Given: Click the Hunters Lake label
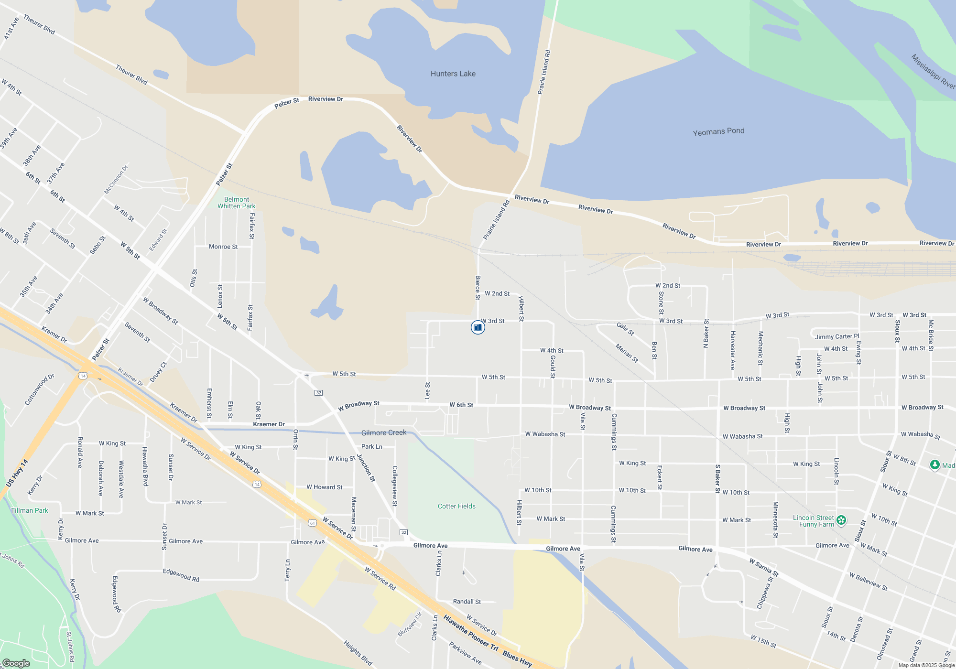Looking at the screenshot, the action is tap(453, 74).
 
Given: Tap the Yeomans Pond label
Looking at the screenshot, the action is tap(718, 131).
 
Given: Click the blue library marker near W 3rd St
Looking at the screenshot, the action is tap(478, 327).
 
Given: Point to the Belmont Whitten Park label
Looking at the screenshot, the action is tap(236, 203).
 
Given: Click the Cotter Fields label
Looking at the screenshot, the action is tap(456, 506).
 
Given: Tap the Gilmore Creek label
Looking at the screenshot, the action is tap(383, 432).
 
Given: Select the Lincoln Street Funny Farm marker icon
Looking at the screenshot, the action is tap(841, 520).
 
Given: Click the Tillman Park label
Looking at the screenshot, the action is tap(30, 510).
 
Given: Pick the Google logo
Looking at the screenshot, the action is tap(16, 663).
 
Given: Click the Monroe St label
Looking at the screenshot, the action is tap(223, 247).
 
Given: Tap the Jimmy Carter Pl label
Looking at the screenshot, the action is tap(837, 336).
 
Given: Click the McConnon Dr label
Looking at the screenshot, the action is tap(116, 180).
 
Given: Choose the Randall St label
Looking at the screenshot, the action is tap(467, 602).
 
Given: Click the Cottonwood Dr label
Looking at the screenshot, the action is tap(40, 389).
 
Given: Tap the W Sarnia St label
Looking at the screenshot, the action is tap(764, 567).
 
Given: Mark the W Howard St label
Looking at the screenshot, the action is tap(324, 487).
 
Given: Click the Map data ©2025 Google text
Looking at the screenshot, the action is tap(926, 665).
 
